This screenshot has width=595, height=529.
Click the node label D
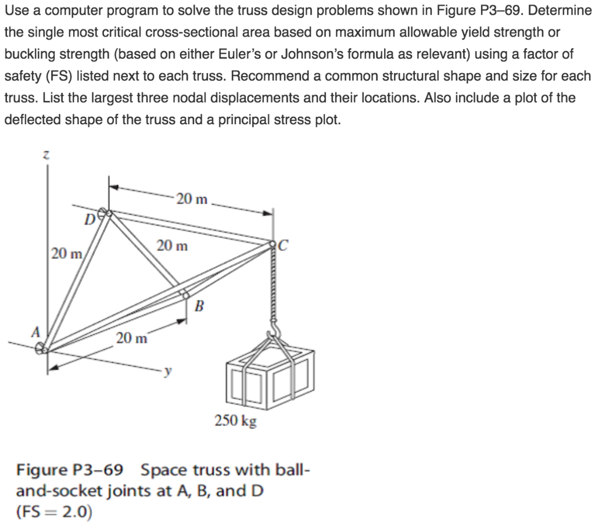click(x=88, y=221)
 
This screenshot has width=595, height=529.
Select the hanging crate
click(x=269, y=372)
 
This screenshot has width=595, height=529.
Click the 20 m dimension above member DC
click(x=192, y=199)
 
